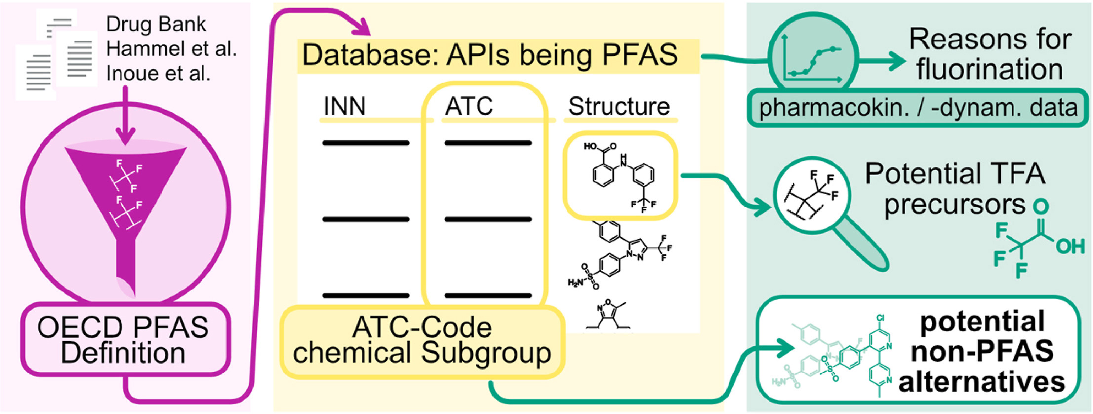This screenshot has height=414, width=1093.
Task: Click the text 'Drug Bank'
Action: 156,24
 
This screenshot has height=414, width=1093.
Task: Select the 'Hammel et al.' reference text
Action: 171,49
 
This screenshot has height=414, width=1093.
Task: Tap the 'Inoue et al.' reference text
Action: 158,73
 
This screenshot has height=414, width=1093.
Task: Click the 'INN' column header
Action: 345,106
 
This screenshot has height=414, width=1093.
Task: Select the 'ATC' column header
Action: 469,106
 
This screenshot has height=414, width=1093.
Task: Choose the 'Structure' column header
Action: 619,106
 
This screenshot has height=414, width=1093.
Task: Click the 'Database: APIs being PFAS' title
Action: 490,55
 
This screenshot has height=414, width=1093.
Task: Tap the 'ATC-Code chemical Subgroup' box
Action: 422,341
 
